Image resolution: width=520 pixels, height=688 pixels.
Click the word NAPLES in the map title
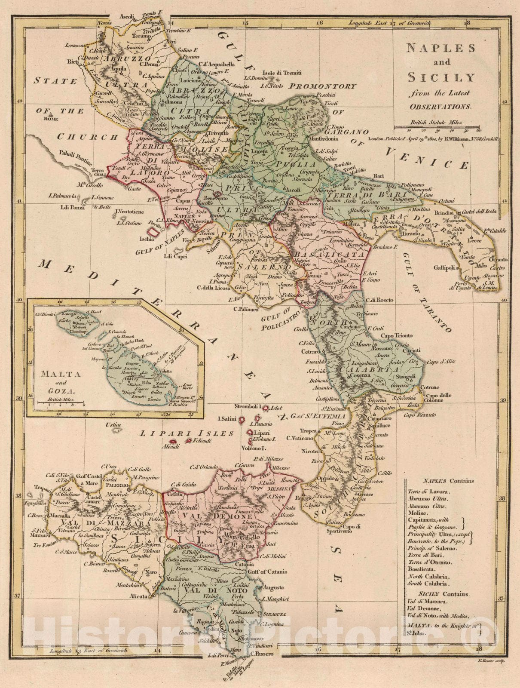[x=442, y=48]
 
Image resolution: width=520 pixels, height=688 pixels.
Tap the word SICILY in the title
[x=441, y=78]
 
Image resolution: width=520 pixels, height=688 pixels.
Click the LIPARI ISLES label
[x=187, y=433]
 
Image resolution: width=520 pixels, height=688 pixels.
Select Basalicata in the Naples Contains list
[x=423, y=569]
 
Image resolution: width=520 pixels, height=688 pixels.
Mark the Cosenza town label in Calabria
[x=359, y=375]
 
